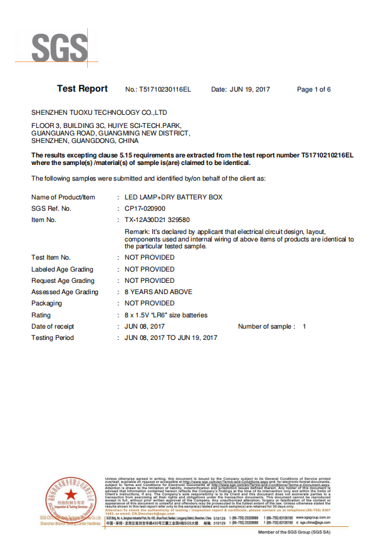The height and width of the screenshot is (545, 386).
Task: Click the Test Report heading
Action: point(82,89)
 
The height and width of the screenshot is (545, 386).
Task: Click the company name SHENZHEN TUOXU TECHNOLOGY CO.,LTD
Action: point(99,113)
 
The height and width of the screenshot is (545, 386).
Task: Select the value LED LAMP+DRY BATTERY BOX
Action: point(174,198)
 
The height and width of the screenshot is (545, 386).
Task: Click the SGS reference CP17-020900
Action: point(145,209)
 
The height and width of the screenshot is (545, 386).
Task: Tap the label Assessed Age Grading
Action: point(65,292)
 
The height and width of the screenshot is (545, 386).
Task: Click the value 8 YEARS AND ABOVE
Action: point(159,292)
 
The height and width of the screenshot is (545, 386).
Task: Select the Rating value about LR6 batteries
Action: point(166,315)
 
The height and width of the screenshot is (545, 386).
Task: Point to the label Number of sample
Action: point(264,327)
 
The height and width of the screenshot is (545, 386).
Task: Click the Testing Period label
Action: point(53,338)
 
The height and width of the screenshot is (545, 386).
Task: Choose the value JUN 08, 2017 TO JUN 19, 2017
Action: point(171,338)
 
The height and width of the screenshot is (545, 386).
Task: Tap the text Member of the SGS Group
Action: point(294,532)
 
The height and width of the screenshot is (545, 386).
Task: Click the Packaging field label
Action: point(47,304)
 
